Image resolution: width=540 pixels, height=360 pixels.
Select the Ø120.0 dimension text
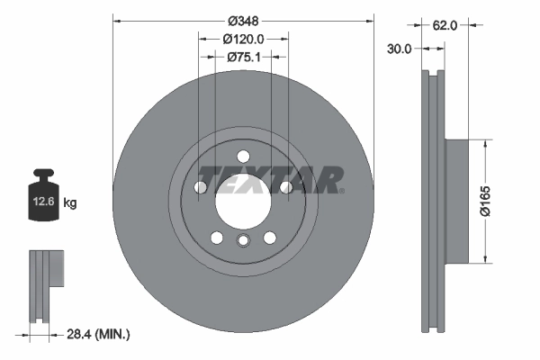[243, 39]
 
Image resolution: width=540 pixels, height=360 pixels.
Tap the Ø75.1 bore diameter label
[243, 57]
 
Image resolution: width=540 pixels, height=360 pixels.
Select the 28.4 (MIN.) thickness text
[99, 334]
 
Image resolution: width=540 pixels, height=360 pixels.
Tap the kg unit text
[71, 203]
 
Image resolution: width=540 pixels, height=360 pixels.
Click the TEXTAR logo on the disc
[270, 178]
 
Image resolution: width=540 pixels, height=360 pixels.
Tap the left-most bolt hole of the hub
[200, 187]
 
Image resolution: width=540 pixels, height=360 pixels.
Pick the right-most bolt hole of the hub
[286, 187]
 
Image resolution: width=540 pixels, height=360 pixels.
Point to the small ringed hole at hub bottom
[243, 240]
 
